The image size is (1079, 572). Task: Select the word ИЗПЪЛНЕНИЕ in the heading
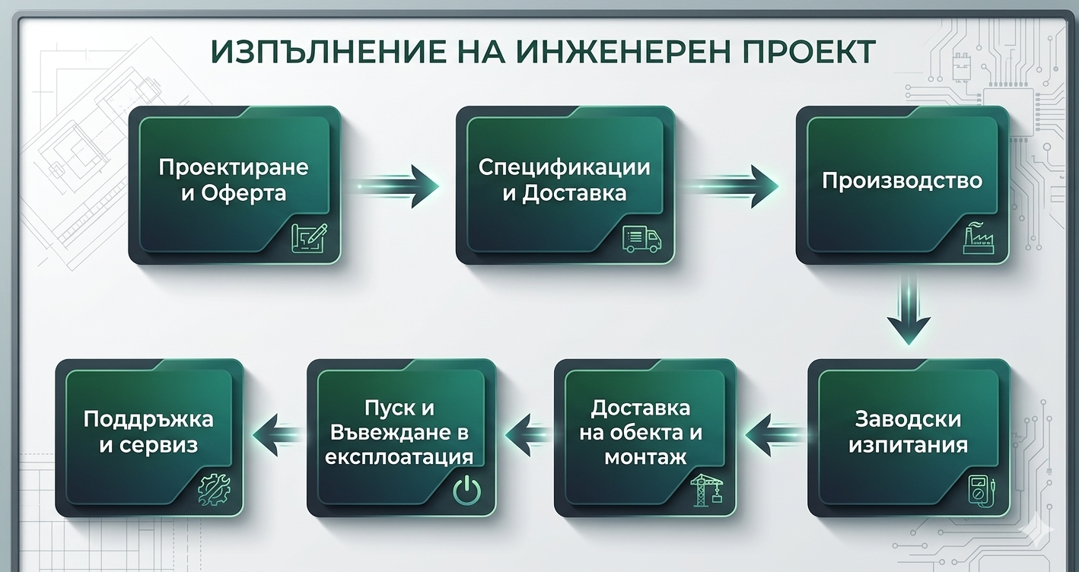click(328, 52)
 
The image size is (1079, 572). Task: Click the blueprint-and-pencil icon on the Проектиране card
click(309, 238)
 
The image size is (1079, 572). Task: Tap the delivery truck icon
click(641, 240)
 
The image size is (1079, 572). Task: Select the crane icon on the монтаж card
click(707, 490)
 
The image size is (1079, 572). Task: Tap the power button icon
click(466, 491)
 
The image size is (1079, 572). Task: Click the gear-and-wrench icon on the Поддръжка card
click(214, 489)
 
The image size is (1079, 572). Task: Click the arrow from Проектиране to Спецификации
click(398, 187)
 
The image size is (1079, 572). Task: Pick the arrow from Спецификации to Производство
click(730, 187)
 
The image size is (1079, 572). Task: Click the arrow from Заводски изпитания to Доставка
click(776, 435)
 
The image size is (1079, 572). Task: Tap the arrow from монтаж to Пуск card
click(528, 435)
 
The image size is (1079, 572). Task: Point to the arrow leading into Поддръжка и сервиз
click(278, 435)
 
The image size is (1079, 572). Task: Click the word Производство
click(902, 181)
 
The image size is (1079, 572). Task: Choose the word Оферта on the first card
click(243, 193)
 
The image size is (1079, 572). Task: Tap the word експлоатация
click(399, 457)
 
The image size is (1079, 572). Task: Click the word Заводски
click(908, 419)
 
